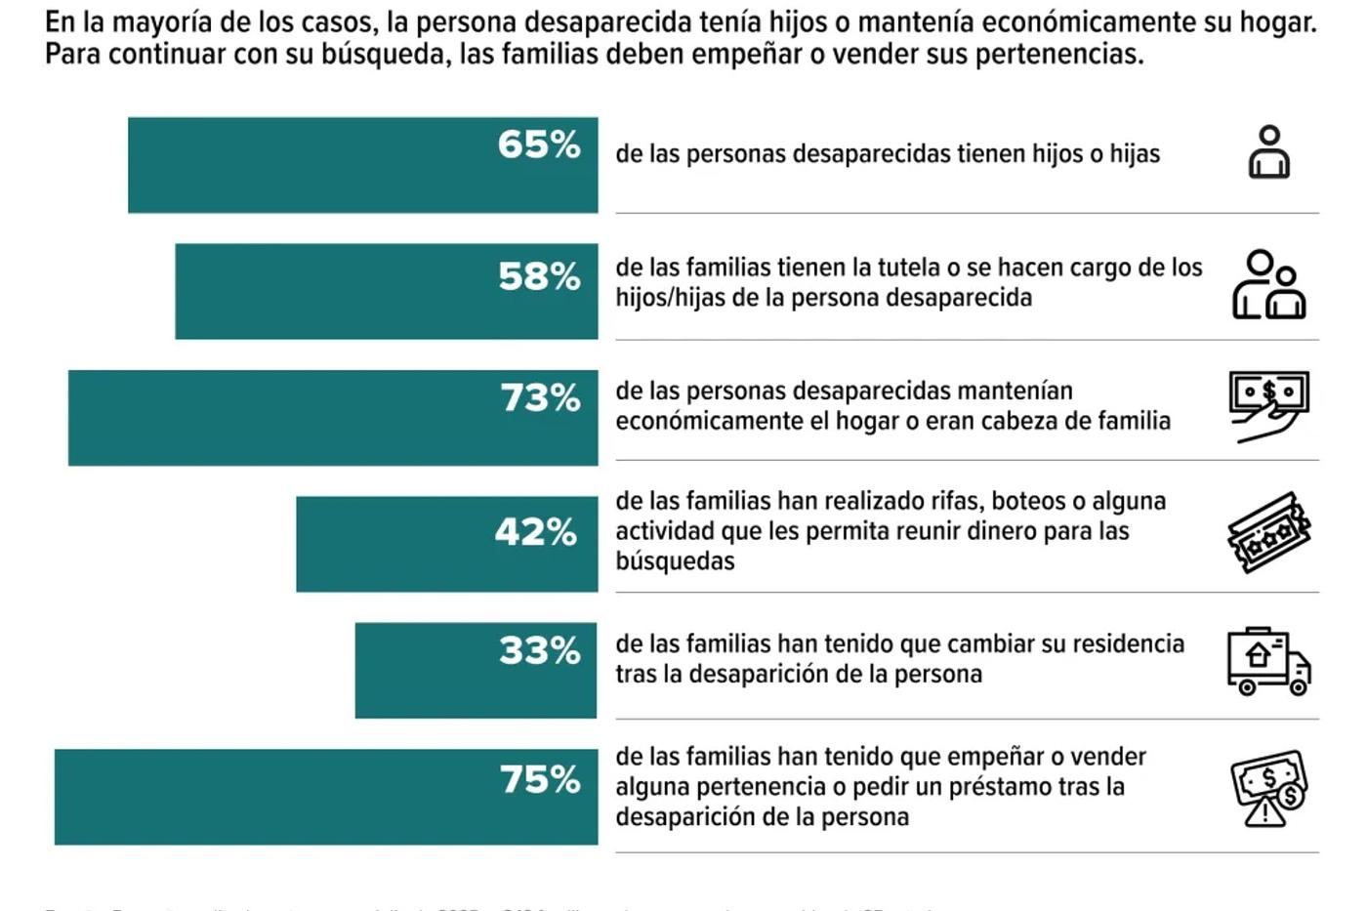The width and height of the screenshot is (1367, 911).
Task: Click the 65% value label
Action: click(539, 145)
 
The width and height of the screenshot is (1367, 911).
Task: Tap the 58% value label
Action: click(539, 276)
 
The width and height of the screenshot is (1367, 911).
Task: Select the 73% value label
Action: click(540, 397)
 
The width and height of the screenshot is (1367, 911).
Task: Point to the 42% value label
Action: click(536, 532)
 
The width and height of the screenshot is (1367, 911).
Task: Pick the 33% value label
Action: click(539, 650)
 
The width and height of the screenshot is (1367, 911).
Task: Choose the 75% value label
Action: click(540, 779)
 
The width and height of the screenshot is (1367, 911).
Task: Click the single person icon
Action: click(1268, 152)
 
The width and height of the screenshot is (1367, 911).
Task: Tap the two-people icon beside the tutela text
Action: click(1268, 284)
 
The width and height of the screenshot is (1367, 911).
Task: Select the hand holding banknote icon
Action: click(1268, 406)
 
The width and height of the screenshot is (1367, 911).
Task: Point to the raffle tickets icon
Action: click(1268, 532)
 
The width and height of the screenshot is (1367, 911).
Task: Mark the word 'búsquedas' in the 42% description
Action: click(675, 561)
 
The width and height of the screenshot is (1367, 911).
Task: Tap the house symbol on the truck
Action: click(1258, 654)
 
